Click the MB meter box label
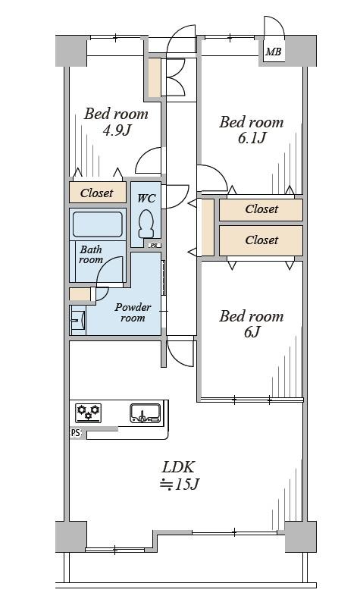coord(274,52)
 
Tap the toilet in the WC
coord(146,225)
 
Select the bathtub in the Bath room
coord(97,224)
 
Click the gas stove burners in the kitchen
coord(88,412)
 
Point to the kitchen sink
coord(145,413)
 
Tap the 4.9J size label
coord(117,130)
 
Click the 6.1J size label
coord(252,138)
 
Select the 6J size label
coord(252,332)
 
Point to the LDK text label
coord(179,467)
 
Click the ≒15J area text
coord(180,485)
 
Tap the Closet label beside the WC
coord(96,193)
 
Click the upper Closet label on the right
coord(261,209)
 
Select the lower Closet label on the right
coord(261,240)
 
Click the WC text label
coord(146,198)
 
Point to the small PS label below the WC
coord(154,245)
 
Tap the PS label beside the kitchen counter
coord(76,433)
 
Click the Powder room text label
coord(133,312)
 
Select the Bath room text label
coord(91,255)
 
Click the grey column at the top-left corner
coord(71,51)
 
